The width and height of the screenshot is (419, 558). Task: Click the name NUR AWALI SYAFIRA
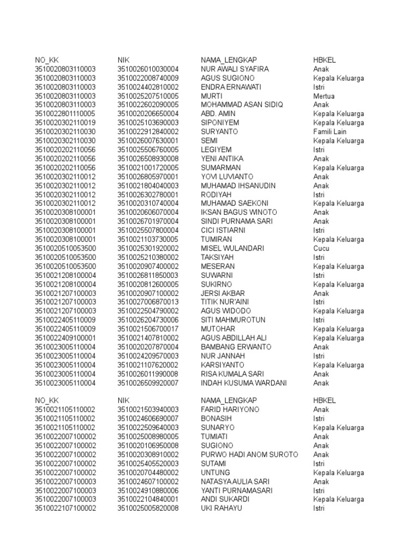click(x=235, y=69)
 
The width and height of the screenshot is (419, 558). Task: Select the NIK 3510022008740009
click(x=148, y=78)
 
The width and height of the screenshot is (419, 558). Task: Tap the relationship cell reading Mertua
click(x=324, y=96)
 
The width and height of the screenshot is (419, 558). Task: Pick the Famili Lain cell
click(x=330, y=132)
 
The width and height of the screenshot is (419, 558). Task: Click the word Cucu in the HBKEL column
click(x=321, y=248)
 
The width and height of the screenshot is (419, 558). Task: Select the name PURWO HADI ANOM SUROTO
click(x=249, y=454)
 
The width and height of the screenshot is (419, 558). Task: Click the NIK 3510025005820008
click(x=148, y=508)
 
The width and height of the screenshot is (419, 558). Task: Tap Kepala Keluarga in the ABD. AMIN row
click(x=338, y=114)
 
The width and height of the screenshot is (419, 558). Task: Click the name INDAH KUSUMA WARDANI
click(x=243, y=383)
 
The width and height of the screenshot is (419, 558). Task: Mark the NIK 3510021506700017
click(x=148, y=329)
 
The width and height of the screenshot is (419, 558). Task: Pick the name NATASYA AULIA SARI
click(x=235, y=482)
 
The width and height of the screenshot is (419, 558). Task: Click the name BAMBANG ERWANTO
click(x=236, y=347)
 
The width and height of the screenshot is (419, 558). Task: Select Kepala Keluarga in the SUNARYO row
click(x=338, y=428)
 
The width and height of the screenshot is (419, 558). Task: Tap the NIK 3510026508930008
click(x=148, y=159)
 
